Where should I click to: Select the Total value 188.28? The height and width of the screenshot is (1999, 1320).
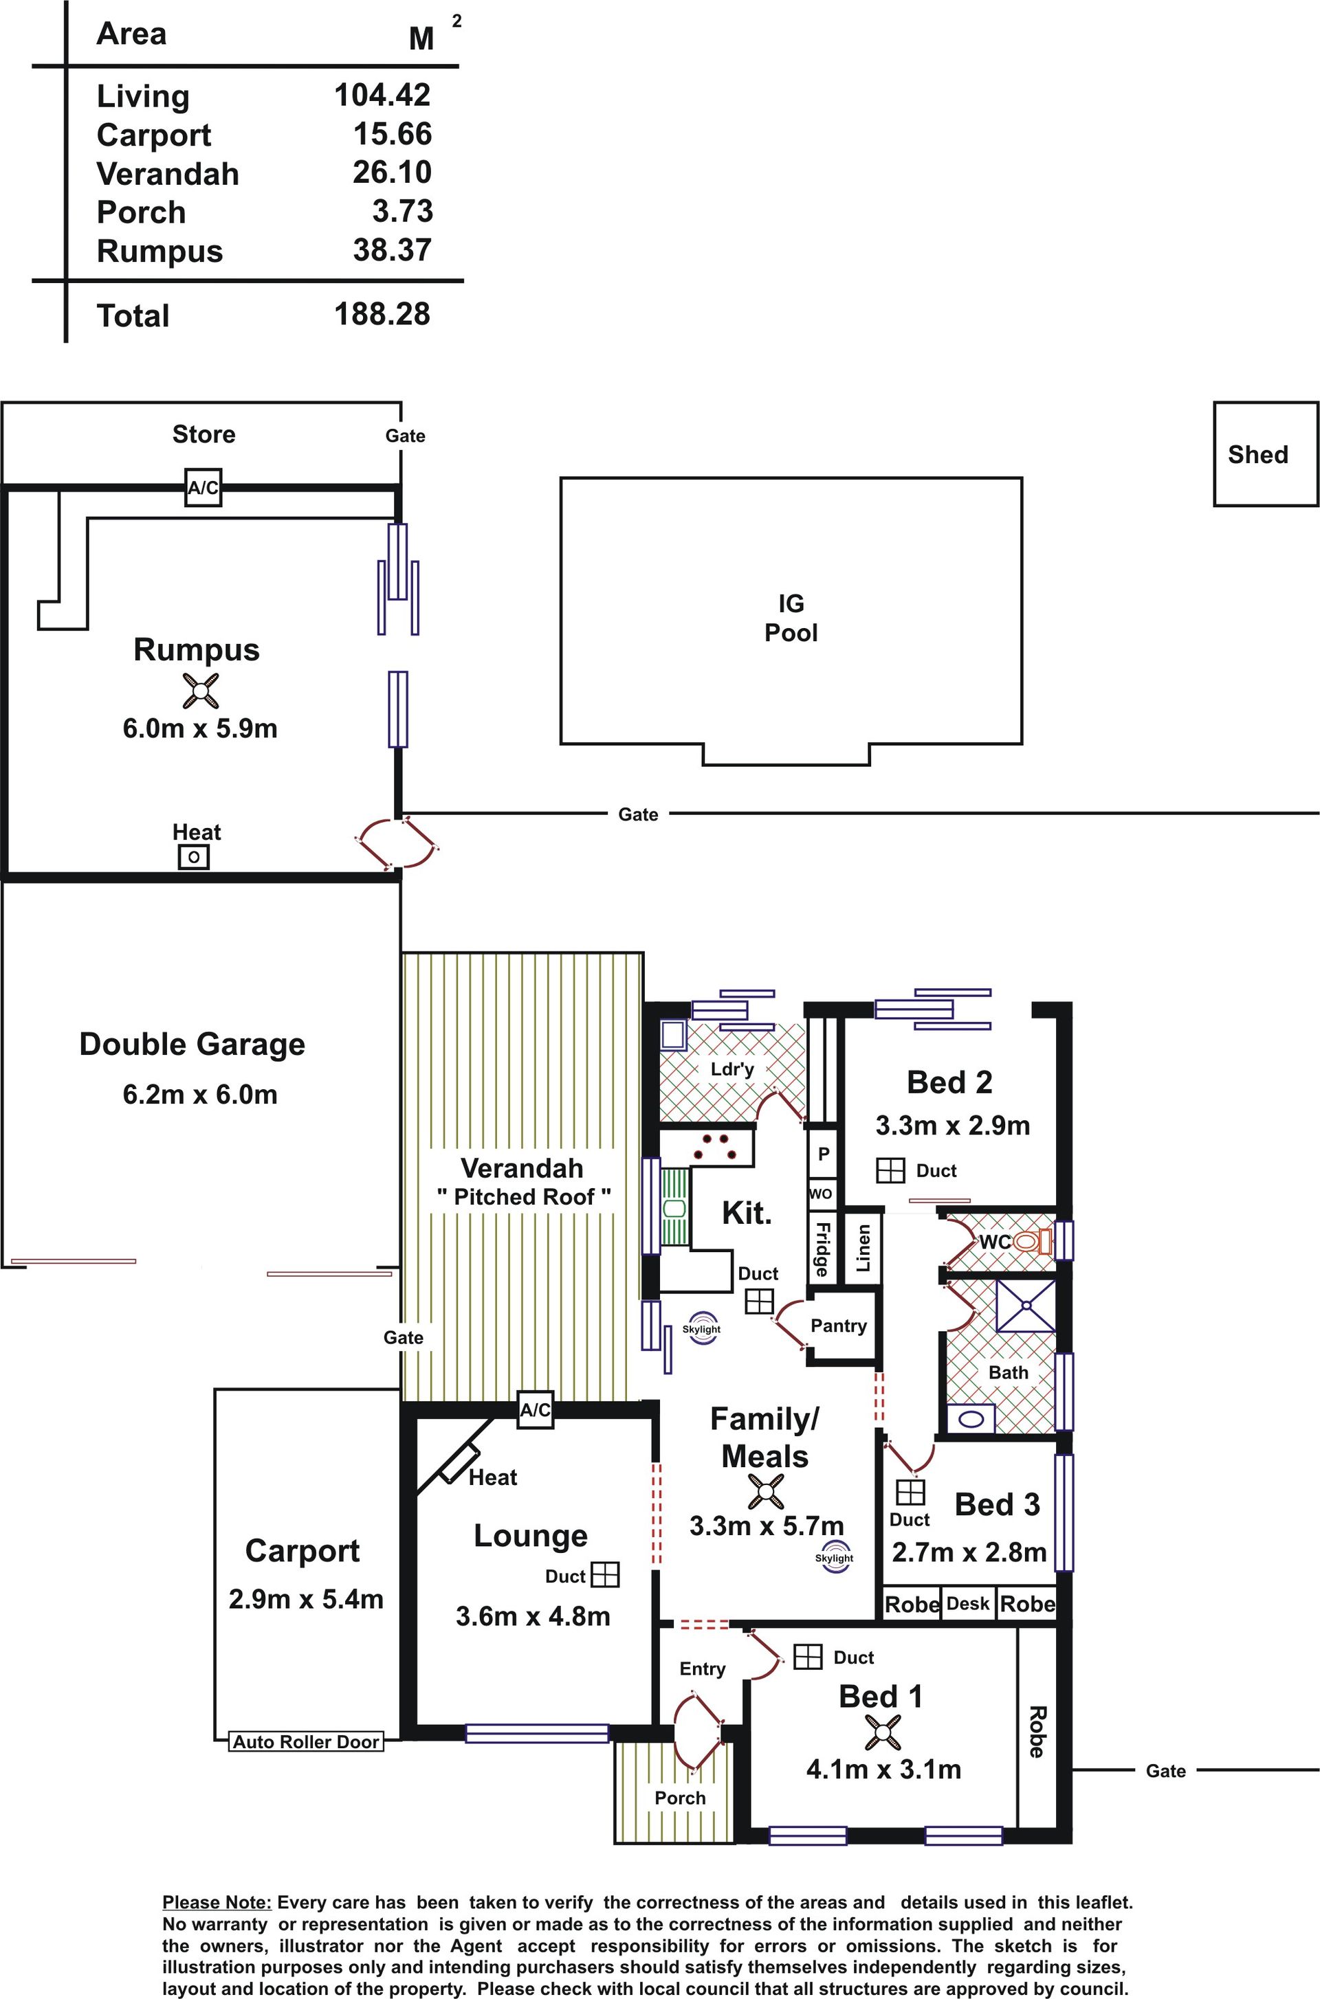382,314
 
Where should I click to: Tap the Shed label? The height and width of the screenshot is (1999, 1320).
1257,454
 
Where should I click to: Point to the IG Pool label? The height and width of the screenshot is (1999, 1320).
791,618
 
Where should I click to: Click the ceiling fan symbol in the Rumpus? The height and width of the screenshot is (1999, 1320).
200,691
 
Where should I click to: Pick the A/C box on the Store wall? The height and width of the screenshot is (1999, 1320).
203,487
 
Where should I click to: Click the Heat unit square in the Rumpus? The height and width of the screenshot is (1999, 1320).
194,858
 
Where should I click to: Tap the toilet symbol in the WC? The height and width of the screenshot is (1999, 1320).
1032,1241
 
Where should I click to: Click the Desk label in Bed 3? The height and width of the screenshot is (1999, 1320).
967,1604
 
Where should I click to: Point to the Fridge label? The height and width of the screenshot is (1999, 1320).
822,1249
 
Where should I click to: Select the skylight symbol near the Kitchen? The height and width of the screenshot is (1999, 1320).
701,1328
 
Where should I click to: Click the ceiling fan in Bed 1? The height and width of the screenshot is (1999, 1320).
882,1732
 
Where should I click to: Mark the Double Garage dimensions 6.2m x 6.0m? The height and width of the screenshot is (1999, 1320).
199,1095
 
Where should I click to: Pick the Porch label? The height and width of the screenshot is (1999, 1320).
680,1798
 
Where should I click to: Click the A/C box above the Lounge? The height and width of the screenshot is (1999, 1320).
536,1409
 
